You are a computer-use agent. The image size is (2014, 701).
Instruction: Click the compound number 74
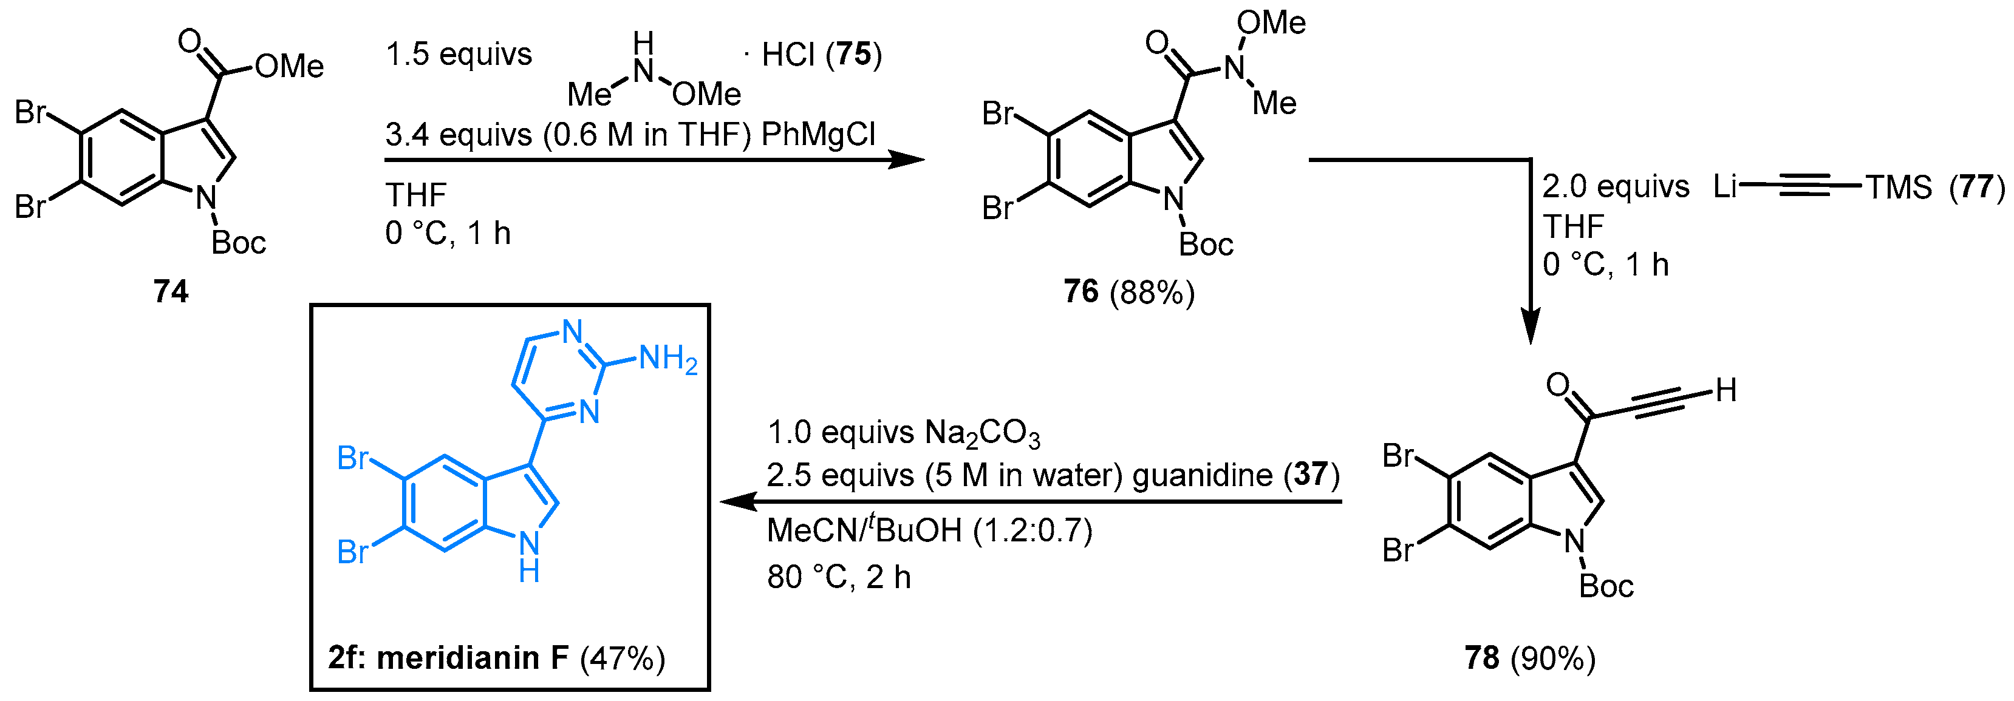point(171,291)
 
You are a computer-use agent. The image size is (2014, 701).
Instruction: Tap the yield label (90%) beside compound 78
point(1554,658)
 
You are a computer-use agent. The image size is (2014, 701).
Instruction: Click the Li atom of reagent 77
point(1726,186)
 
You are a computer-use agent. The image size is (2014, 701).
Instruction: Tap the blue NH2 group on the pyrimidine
point(667,359)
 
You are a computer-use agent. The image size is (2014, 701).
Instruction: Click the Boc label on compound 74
point(239,243)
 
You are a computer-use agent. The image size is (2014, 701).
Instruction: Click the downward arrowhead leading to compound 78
point(1530,327)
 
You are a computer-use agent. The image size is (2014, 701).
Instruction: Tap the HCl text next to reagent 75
point(788,55)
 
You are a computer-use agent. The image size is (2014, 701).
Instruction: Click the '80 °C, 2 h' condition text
point(839,578)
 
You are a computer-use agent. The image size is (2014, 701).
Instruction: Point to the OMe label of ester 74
point(289,66)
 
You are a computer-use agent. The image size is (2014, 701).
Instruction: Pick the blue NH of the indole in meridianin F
point(529,556)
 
